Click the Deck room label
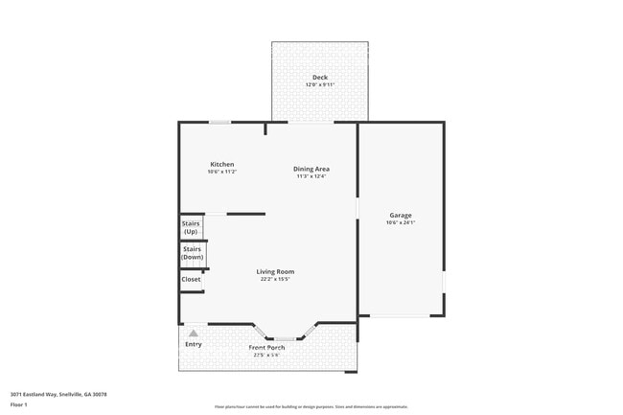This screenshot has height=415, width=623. pos(319,77)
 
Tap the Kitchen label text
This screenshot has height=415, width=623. pos(222,164)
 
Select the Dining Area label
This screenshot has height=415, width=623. pos(311,169)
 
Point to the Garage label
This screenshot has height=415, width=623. pos(400,215)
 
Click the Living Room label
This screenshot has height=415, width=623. pos(275,271)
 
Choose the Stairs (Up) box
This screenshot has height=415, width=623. pos(191,227)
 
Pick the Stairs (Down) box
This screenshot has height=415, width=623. pos(193,253)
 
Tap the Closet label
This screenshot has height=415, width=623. pos(192,279)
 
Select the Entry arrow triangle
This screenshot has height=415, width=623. pos(193,333)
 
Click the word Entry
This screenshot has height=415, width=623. pos(194,344)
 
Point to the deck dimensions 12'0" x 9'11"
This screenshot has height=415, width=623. pos(319,84)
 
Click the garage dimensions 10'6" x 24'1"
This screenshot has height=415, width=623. pos(400,222)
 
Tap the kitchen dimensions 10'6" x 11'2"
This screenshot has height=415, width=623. pos(222,172)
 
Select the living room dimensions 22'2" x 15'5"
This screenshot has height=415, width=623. pos(275,279)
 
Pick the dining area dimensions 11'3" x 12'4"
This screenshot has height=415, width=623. pos(311,176)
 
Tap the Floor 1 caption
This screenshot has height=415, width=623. pos(20,405)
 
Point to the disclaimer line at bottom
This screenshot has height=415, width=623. pos(311,406)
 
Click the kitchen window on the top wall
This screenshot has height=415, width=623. pos(220,122)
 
